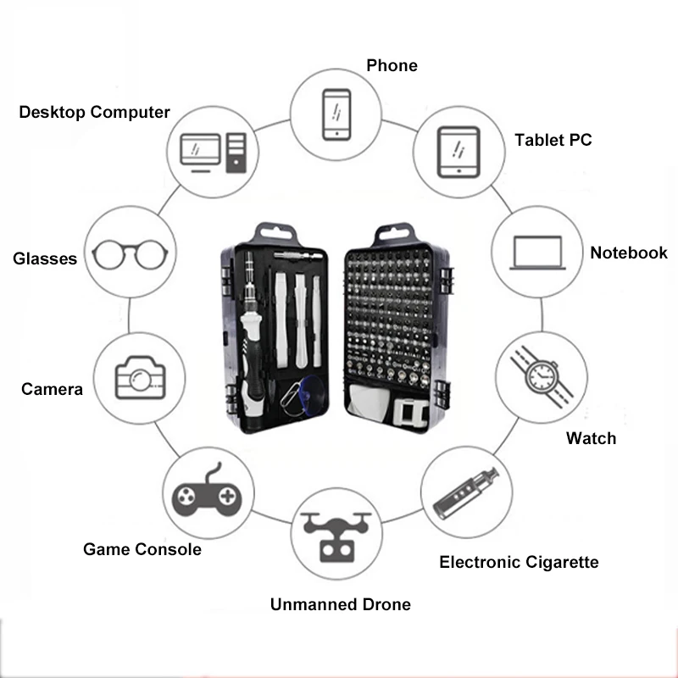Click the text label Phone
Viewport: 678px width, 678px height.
click(x=392, y=65)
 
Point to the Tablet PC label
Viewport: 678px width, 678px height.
click(x=553, y=140)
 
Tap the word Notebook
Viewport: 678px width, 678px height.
click(x=629, y=253)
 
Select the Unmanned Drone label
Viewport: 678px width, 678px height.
click(x=340, y=604)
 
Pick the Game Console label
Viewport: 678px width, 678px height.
click(x=142, y=549)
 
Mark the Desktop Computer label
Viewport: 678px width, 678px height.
click(x=94, y=112)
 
